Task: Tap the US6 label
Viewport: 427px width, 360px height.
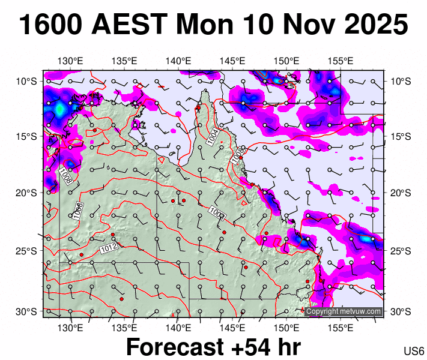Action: (x=414, y=352)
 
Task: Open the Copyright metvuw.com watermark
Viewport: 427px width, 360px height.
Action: (x=344, y=311)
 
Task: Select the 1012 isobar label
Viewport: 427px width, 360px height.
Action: (x=108, y=248)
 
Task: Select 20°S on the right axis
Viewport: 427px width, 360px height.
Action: (x=401, y=193)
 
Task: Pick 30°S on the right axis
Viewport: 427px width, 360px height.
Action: (x=401, y=311)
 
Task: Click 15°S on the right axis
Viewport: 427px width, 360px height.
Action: (x=401, y=136)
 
